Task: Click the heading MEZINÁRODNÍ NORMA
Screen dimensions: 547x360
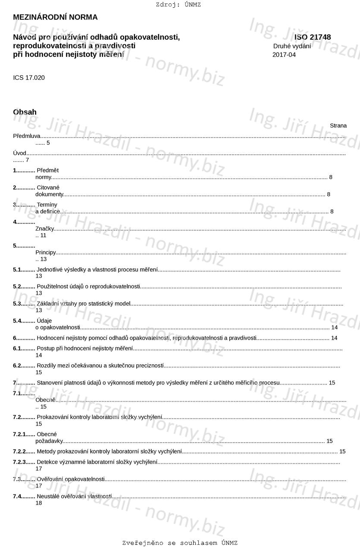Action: pyautogui.click(x=55, y=17)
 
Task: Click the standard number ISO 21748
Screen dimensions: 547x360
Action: pyautogui.click(x=313, y=37)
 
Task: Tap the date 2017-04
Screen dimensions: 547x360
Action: pyautogui.click(x=284, y=55)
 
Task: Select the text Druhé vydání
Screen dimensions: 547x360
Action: pyautogui.click(x=292, y=46)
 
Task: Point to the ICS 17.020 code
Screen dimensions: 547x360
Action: pyautogui.click(x=29, y=78)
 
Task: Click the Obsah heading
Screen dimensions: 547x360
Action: pyautogui.click(x=25, y=112)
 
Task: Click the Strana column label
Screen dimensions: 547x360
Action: pyautogui.click(x=338, y=126)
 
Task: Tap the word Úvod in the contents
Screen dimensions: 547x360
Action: pyautogui.click(x=20, y=153)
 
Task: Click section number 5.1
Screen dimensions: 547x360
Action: pyautogui.click(x=18, y=269)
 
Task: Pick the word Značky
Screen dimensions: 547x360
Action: pyautogui.click(x=44, y=228)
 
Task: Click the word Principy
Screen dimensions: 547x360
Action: pyautogui.click(x=46, y=252)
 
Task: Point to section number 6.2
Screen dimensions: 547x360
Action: pyautogui.click(x=18, y=366)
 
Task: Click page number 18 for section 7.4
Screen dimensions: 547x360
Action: pyautogui.click(x=39, y=503)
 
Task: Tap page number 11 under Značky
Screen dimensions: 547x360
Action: pyautogui.click(x=43, y=235)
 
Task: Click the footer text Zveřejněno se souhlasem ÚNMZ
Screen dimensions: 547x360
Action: pyautogui.click(x=180, y=543)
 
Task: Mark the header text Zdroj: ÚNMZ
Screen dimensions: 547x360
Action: pyautogui.click(x=178, y=5)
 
